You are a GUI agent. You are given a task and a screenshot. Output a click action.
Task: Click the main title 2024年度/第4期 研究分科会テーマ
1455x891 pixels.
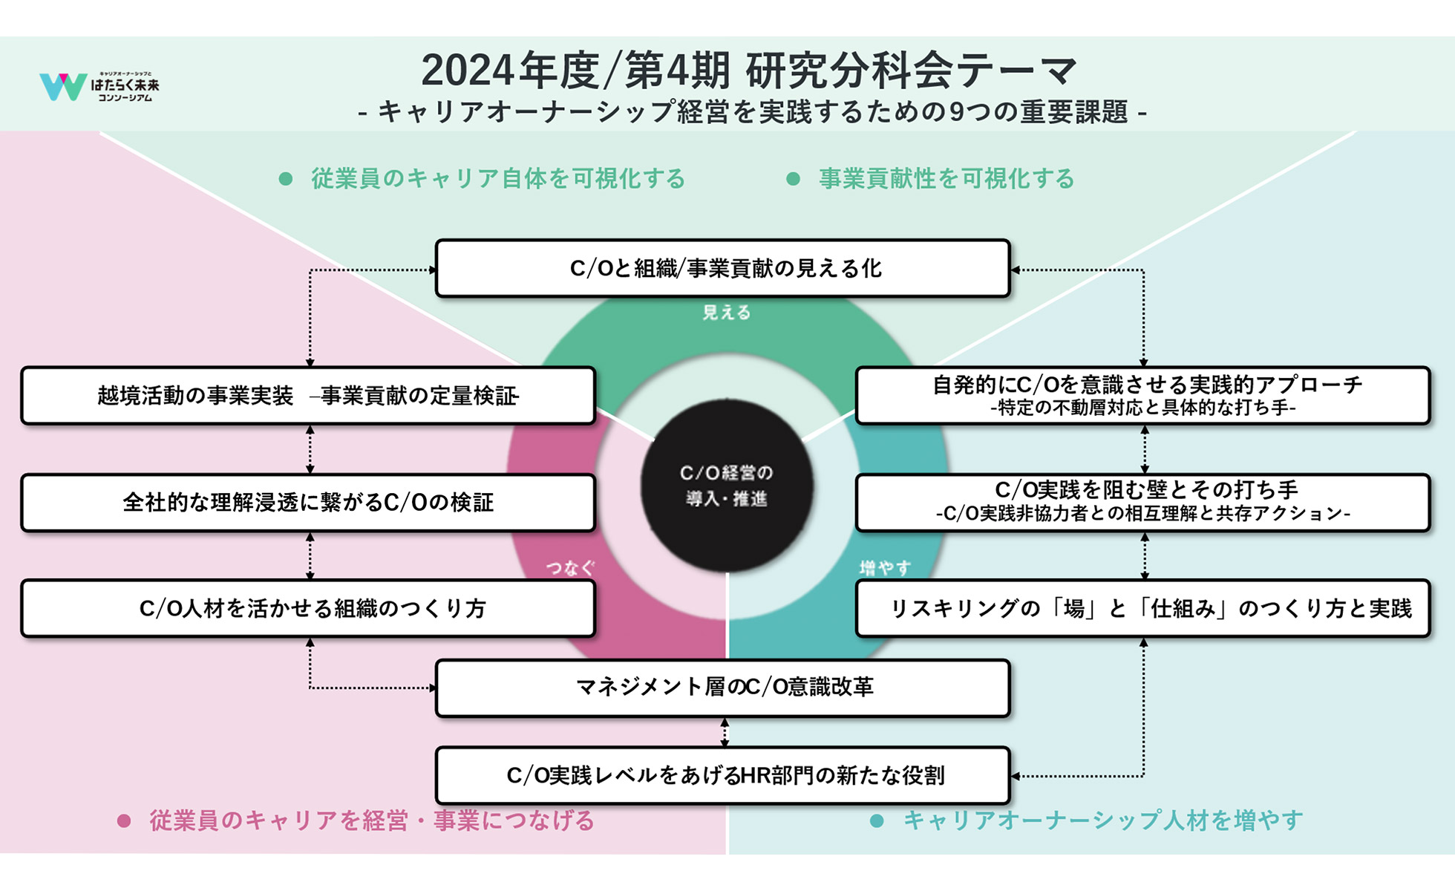[748, 71]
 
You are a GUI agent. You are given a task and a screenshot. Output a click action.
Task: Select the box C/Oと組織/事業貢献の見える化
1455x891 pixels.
[723, 268]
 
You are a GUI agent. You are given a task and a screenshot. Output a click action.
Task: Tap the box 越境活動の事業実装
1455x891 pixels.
[308, 396]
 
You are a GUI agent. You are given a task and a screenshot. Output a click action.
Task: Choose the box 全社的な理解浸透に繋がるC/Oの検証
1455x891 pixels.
[308, 503]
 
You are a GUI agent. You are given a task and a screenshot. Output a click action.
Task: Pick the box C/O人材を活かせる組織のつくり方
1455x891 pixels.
[308, 609]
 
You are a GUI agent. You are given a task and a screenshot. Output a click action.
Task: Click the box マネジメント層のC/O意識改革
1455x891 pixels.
[723, 688]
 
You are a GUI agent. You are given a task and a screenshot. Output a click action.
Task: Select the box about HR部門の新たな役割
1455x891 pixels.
[723, 775]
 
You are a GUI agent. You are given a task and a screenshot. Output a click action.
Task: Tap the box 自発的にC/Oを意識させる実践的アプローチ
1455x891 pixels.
[1142, 396]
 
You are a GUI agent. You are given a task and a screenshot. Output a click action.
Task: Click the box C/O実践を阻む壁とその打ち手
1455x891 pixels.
[1142, 503]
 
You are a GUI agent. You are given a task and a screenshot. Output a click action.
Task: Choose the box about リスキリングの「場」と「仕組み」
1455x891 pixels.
[1142, 609]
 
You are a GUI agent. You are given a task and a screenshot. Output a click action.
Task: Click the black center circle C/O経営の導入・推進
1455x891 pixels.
[727, 486]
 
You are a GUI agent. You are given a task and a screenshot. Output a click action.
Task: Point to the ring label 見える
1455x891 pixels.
[726, 313]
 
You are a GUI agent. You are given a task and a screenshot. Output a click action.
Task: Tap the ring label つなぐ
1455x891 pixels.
[570, 568]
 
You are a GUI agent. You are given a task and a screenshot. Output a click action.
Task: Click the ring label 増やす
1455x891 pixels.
[885, 568]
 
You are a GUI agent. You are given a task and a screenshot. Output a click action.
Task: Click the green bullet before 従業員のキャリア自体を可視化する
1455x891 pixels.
[285, 179]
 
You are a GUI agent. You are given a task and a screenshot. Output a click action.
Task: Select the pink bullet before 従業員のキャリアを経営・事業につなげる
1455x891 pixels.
[124, 820]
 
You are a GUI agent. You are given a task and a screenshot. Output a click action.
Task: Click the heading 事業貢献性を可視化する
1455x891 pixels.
[946, 179]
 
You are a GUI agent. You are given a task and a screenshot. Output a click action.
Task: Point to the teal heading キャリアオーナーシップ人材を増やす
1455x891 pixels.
[1102, 820]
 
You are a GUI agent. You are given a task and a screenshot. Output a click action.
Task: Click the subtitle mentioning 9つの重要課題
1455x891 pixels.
[752, 112]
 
